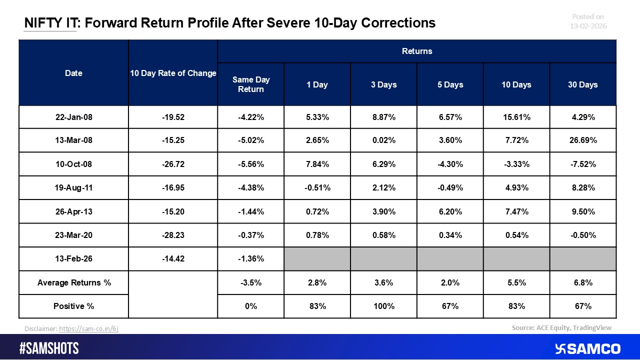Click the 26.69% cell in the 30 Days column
583,140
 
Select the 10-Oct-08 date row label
73,164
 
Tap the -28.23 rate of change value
173,235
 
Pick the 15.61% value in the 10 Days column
516,117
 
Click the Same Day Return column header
250,84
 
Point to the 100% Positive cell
383,306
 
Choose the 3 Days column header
383,84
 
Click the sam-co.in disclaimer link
88,328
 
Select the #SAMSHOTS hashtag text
49,348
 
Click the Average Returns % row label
73,282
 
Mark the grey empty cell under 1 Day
317,259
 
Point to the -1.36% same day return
250,259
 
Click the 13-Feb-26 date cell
73,259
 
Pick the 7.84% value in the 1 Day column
317,164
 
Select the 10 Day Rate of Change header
173,73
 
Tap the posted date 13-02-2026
588,25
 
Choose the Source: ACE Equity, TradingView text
561,327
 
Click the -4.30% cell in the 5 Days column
450,164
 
